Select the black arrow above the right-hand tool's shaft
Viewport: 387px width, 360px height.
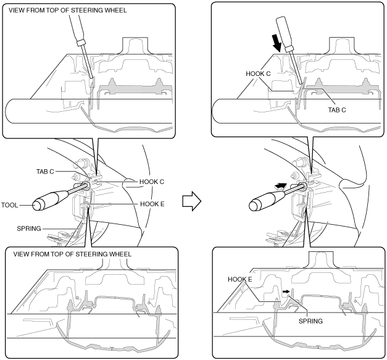[281, 185]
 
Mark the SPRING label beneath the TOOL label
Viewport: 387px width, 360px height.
[30, 228]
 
